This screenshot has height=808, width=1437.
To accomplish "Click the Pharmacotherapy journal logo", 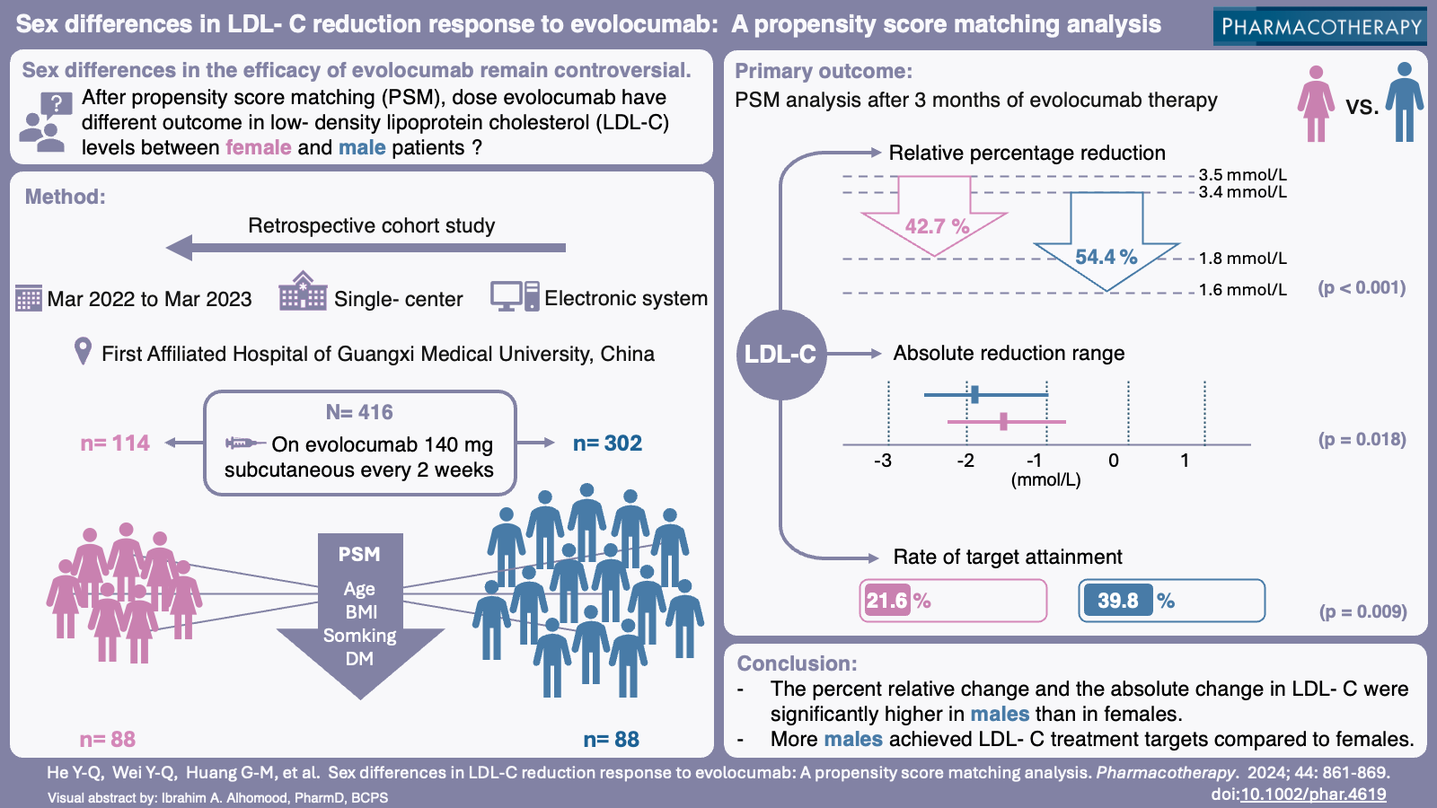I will click(1320, 26).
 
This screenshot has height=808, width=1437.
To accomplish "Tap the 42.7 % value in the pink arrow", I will click(937, 226).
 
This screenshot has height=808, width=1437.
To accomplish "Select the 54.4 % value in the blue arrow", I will click(1106, 257).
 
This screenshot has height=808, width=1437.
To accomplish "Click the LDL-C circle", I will click(780, 355).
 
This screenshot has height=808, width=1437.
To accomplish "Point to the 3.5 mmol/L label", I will click(1242, 175).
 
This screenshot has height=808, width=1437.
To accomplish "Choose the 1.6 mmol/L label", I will click(1242, 290).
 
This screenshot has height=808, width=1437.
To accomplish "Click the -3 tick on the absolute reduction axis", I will click(883, 461).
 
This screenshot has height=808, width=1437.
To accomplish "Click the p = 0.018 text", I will click(1362, 439).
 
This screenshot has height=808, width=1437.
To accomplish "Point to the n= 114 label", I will click(115, 444).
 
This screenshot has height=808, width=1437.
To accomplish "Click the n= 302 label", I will click(607, 444).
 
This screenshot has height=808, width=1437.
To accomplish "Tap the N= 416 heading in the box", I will click(359, 412).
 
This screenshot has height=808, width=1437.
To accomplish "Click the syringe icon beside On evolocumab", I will click(243, 444).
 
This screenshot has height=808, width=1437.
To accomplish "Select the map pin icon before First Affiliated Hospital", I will click(83, 351).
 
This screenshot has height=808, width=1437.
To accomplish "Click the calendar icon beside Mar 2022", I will click(29, 298).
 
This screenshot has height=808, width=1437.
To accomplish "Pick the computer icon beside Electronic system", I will click(515, 296).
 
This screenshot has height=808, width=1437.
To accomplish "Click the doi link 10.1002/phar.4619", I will click(1313, 795).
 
